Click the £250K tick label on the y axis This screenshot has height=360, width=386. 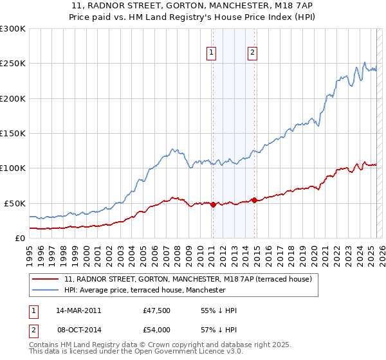(x=12, y=64)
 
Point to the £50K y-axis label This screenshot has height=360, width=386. (x=14, y=203)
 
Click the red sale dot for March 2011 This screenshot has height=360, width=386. (x=213, y=204)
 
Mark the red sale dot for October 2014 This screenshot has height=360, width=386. (x=254, y=200)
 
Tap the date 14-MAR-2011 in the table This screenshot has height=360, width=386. (x=78, y=310)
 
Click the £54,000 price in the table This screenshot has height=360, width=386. (x=156, y=328)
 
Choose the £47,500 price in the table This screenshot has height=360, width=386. (x=156, y=310)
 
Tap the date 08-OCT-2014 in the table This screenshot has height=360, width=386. (x=78, y=328)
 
